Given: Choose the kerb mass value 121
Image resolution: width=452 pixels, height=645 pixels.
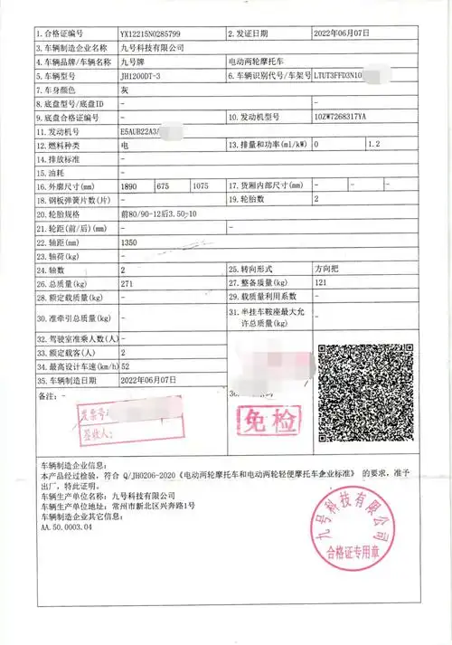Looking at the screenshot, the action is [x=320, y=283].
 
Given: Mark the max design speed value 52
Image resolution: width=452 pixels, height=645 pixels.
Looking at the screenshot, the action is [x=125, y=367].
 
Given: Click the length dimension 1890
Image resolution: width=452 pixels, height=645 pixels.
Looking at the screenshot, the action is [x=130, y=185].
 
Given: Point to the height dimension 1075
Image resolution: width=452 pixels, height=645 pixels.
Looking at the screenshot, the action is [x=202, y=185].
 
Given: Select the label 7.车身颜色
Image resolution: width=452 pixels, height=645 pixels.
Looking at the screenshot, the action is [x=60, y=91].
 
